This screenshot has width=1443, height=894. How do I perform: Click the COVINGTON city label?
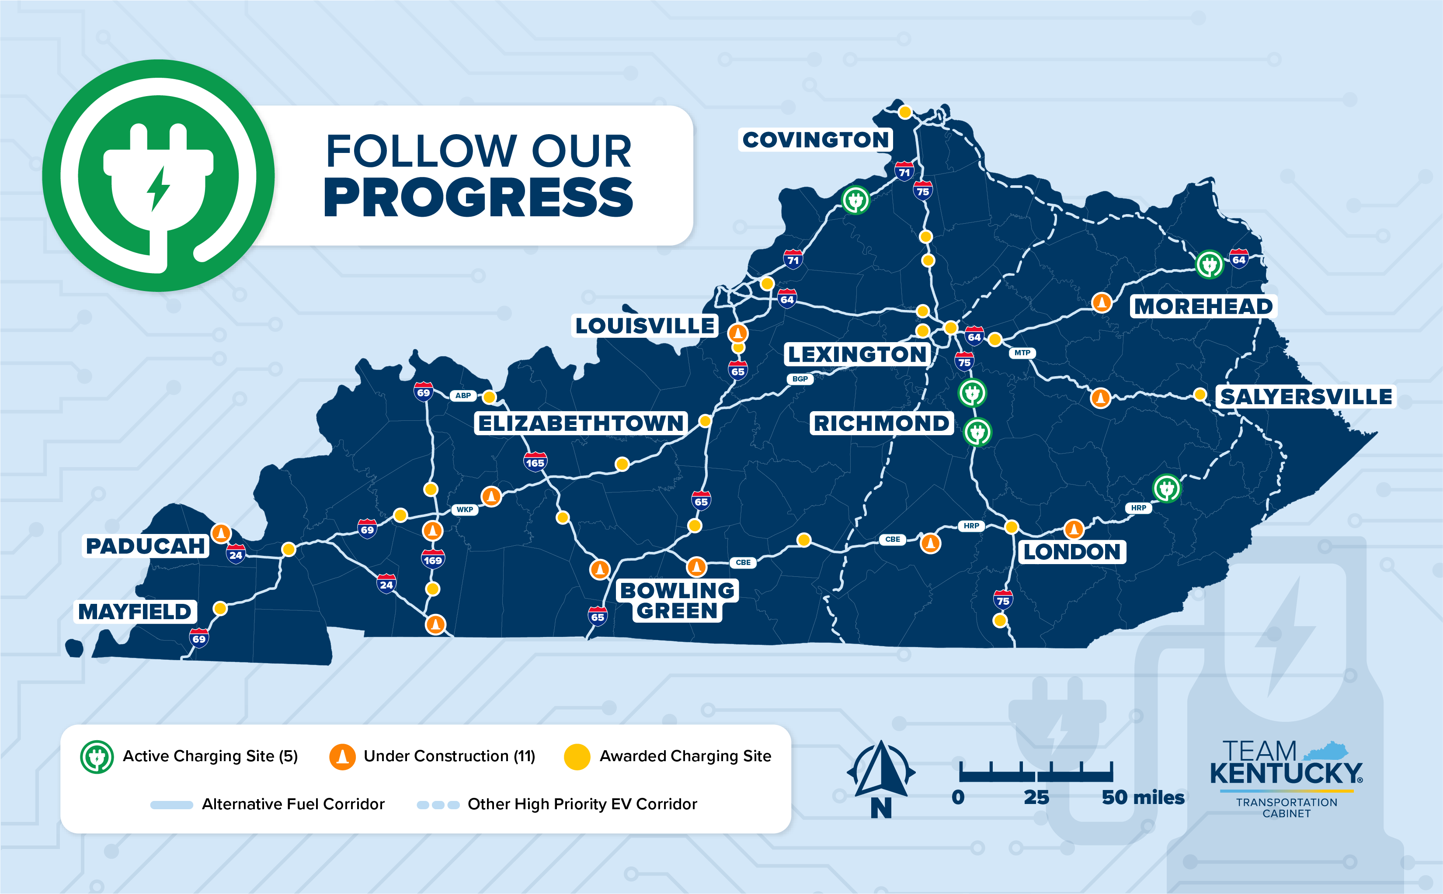816,140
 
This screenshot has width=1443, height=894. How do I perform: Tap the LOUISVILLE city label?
645,326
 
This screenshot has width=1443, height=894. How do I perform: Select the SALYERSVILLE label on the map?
1306,397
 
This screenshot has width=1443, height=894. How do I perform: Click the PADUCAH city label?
146,546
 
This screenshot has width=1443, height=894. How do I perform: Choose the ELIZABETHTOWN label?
581,423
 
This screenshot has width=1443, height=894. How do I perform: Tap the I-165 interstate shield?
535,462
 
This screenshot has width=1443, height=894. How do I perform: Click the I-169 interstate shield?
432,559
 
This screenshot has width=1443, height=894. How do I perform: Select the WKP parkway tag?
464,509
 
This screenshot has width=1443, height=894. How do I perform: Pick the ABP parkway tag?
463,395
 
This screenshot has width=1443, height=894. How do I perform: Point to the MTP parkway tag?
1022,353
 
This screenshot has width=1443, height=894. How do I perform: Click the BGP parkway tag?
800,379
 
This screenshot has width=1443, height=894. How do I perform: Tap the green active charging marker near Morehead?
1209,264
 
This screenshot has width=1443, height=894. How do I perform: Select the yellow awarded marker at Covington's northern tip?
905,112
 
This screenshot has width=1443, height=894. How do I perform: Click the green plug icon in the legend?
97,757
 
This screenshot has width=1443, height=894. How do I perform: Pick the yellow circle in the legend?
577,757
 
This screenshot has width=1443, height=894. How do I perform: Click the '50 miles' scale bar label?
1143,797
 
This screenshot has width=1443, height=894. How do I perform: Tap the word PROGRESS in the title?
478,198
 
